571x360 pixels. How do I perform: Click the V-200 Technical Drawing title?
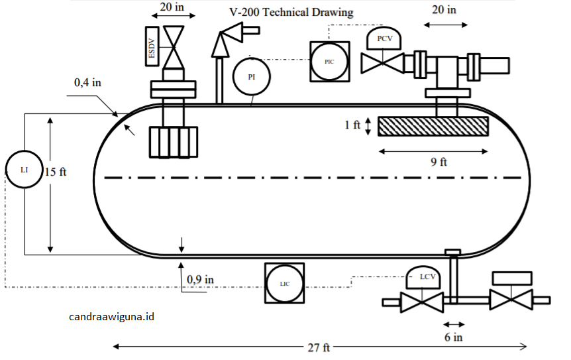[291, 12]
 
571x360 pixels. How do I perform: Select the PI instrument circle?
[251, 76]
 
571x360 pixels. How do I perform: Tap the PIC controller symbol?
[329, 61]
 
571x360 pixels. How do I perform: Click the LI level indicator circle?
[24, 170]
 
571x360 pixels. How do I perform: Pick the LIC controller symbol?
[284, 283]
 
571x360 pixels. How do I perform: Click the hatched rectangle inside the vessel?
[433, 126]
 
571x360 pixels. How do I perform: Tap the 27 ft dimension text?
[319, 347]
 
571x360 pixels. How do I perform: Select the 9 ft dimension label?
[439, 162]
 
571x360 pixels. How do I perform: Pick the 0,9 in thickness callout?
[200, 279]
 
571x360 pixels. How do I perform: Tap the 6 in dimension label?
[454, 337]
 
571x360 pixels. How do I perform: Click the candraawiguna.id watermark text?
[111, 317]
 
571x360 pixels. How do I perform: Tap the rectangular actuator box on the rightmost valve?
[511, 278]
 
